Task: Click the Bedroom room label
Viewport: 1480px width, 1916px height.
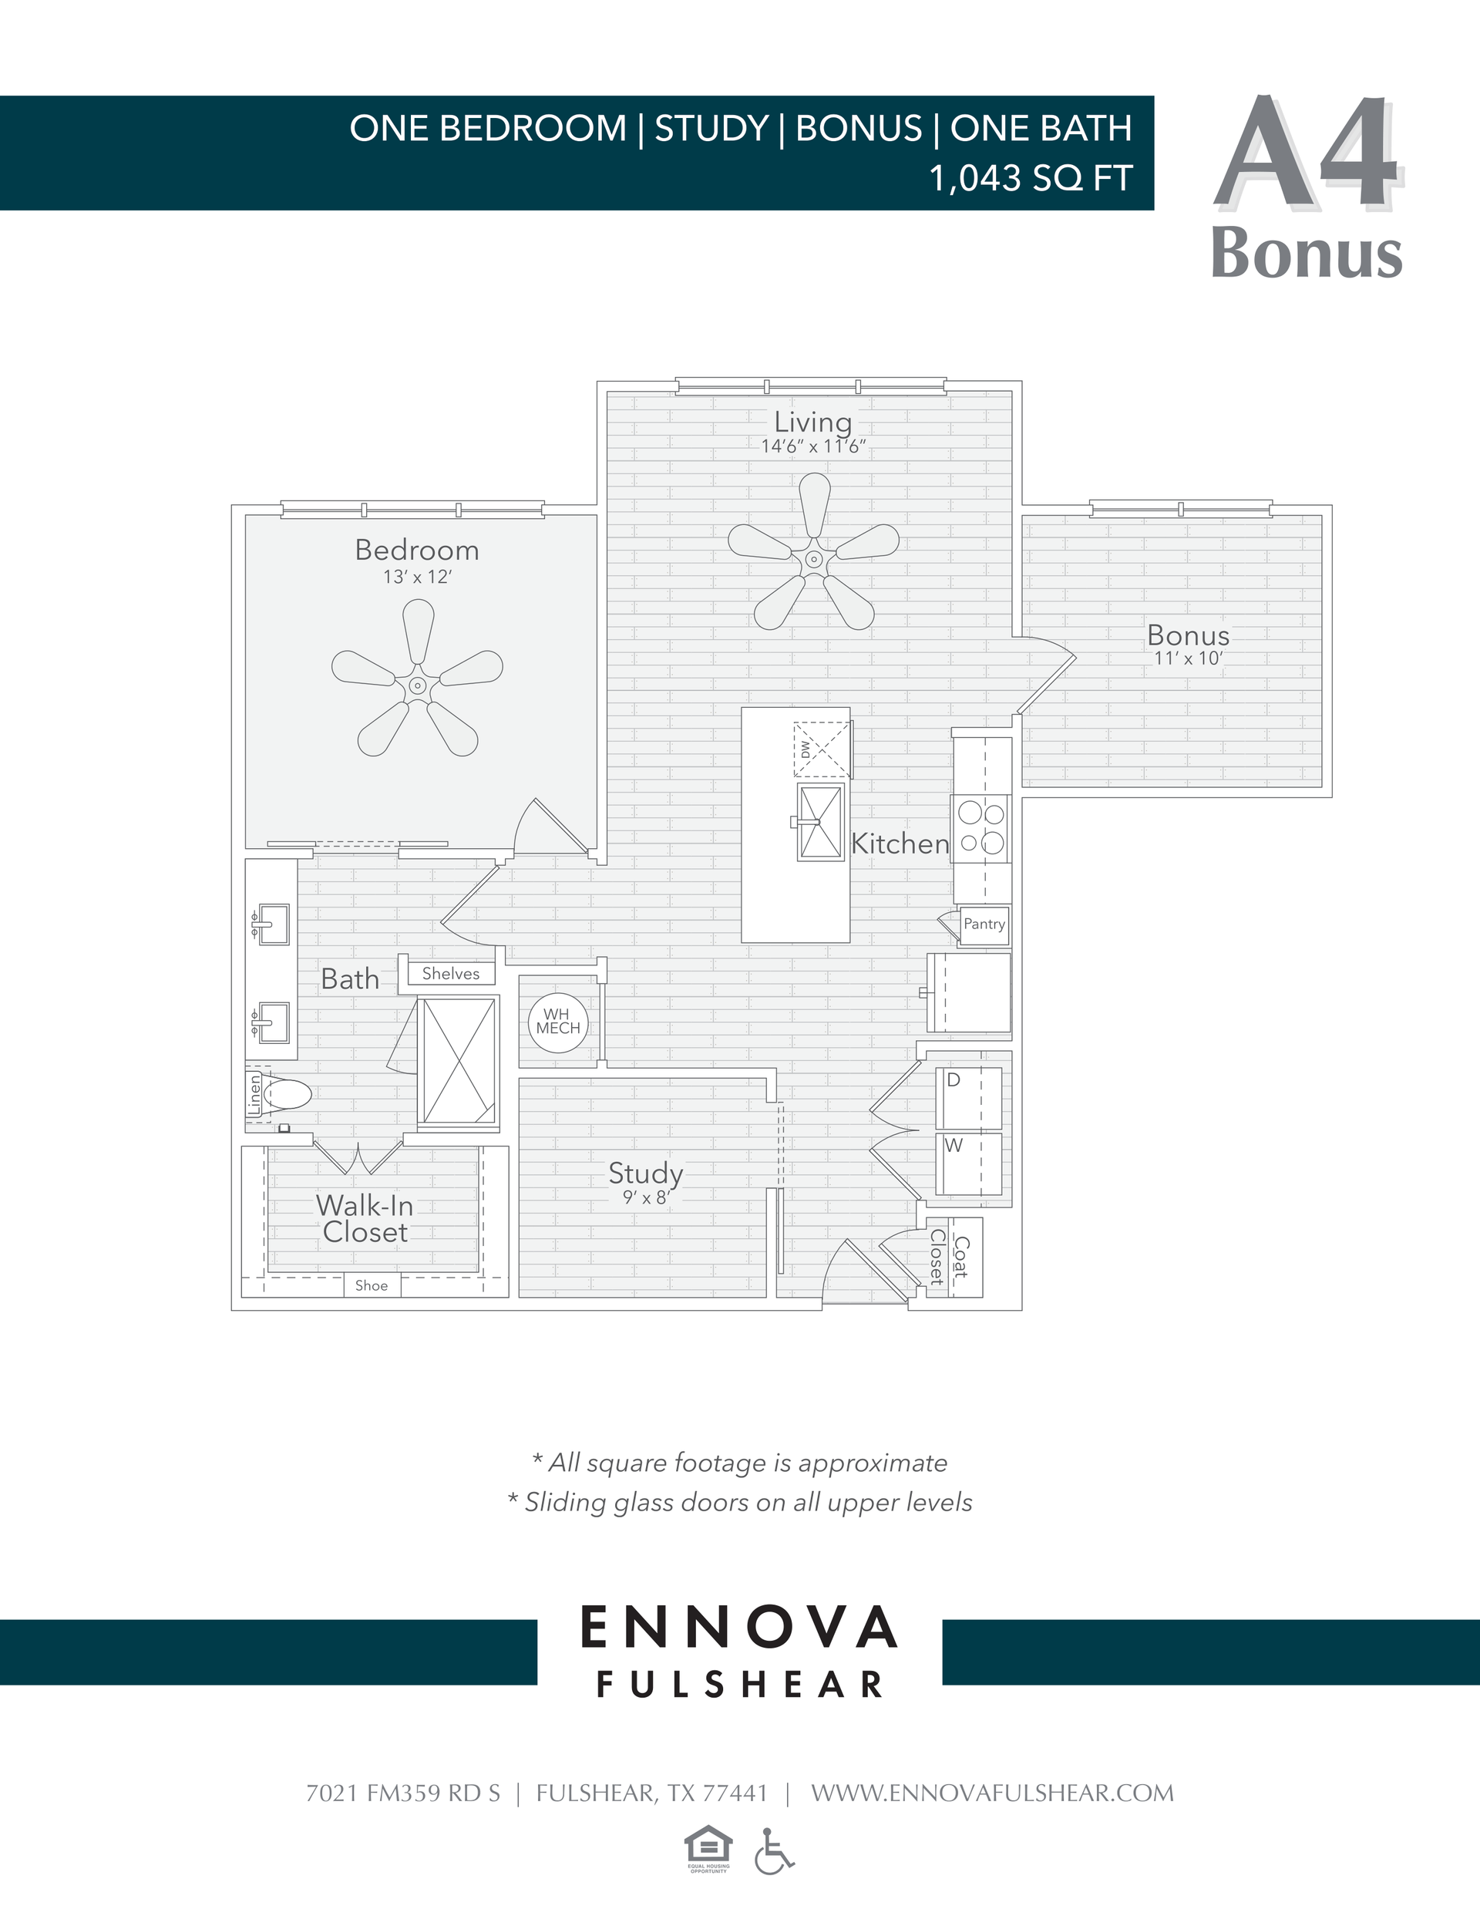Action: click(x=417, y=550)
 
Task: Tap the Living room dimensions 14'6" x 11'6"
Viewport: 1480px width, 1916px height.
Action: click(x=812, y=446)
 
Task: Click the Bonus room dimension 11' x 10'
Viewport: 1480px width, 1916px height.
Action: click(x=1188, y=659)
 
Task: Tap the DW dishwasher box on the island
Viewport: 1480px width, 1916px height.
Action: click(x=821, y=749)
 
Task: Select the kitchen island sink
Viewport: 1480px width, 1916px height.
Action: click(x=820, y=823)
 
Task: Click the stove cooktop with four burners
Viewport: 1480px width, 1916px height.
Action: click(x=980, y=828)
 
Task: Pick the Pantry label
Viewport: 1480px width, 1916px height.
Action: click(x=984, y=924)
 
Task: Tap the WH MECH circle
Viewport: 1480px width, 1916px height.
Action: click(x=558, y=1022)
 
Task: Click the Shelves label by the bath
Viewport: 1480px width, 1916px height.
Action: click(x=450, y=974)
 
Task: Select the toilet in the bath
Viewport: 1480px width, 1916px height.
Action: click(x=285, y=1095)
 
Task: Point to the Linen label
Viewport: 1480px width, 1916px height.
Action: click(x=254, y=1095)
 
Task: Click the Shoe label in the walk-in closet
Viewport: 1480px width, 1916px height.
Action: click(x=371, y=1286)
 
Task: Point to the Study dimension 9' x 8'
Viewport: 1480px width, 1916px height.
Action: click(x=646, y=1197)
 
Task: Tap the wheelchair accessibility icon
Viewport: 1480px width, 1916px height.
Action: click(x=773, y=1851)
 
